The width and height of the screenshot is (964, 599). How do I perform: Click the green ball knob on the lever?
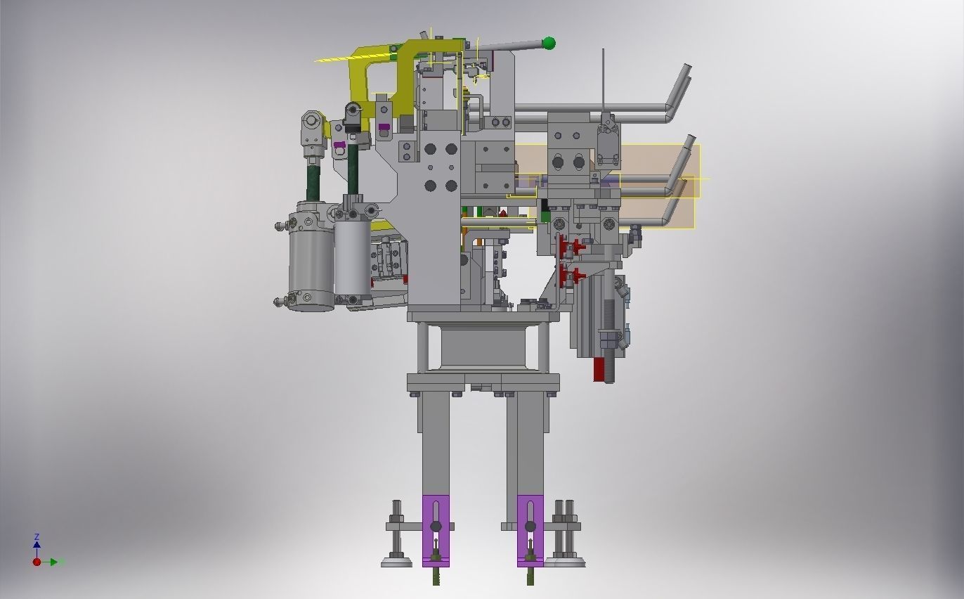[549, 44]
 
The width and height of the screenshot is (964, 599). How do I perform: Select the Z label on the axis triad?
[37, 536]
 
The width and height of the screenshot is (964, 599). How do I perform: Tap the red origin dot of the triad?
[37, 562]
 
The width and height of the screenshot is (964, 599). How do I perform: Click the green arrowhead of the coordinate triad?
[61, 562]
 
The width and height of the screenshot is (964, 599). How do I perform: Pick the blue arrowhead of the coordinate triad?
[37, 544]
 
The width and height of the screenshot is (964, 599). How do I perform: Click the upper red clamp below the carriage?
[577, 246]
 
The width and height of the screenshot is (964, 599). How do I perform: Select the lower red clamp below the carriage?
[577, 275]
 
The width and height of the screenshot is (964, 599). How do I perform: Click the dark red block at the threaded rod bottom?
[599, 369]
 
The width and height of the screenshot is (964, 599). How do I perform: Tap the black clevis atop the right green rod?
[353, 111]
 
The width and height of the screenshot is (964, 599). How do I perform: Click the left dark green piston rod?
[311, 179]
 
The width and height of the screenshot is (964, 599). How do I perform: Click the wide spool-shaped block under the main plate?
[483, 347]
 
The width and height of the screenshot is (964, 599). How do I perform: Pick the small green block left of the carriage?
[546, 217]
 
